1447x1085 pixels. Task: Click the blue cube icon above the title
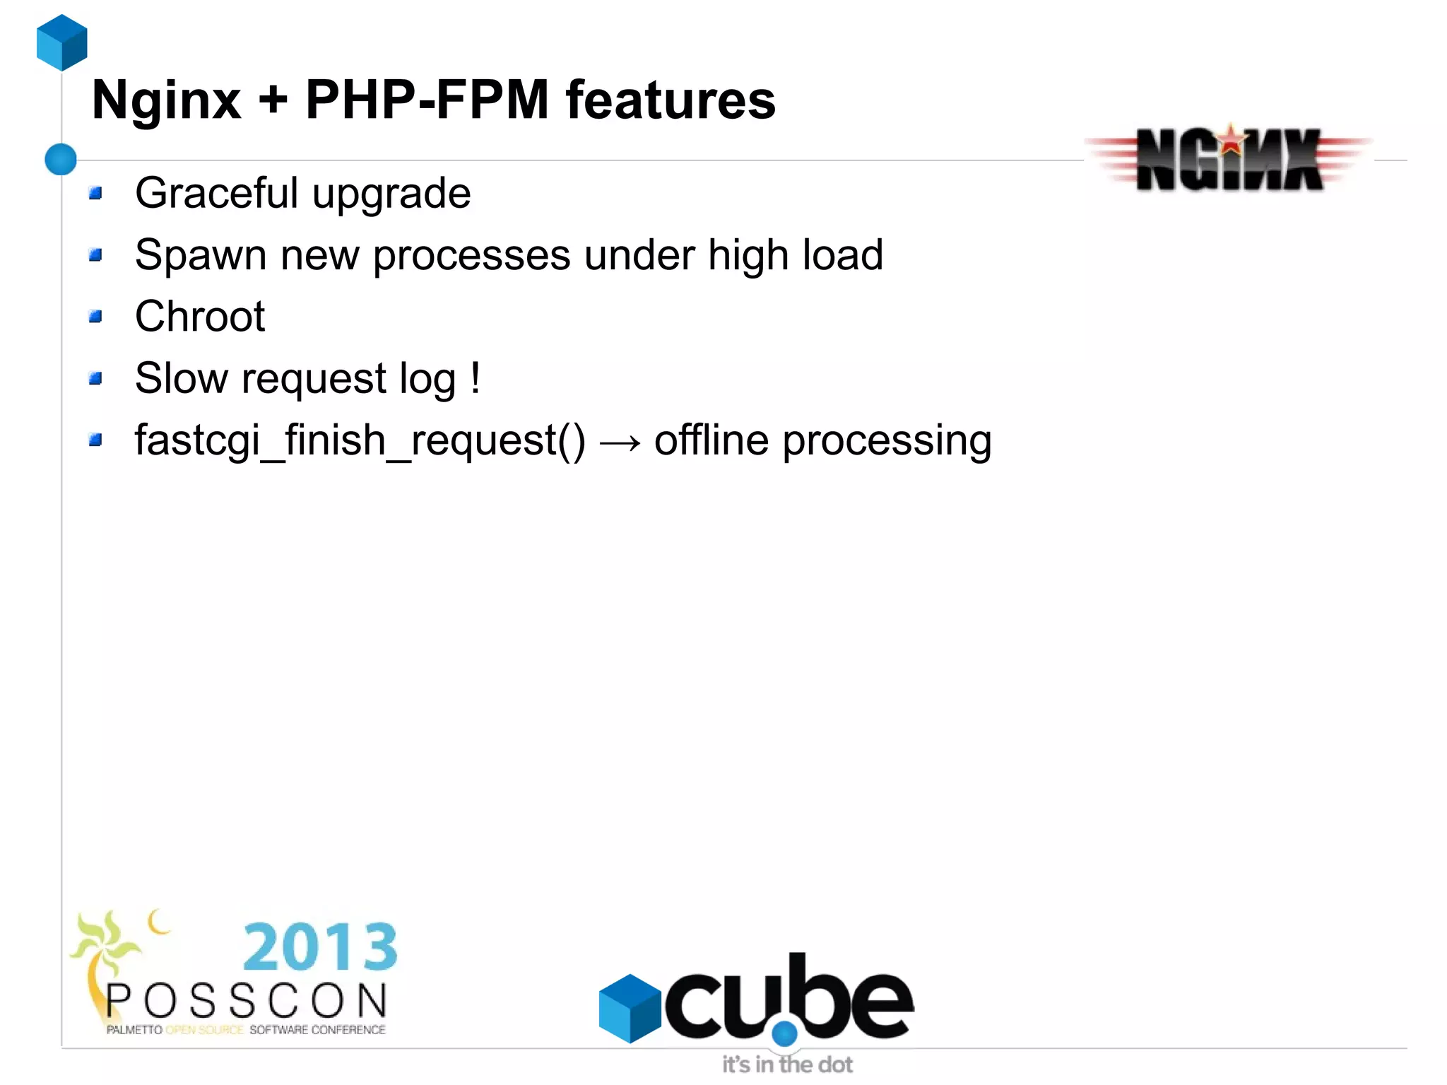click(x=62, y=42)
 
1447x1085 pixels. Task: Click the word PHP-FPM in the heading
click(x=427, y=100)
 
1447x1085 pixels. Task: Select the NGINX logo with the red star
click(x=1229, y=159)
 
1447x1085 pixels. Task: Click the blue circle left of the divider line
click(x=61, y=159)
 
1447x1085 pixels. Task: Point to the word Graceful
click(x=216, y=194)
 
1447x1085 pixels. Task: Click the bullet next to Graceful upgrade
click(x=96, y=193)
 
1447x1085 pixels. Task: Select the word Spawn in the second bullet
click(x=200, y=255)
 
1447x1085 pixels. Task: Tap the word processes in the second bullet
click(x=471, y=255)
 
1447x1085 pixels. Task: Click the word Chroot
click(x=200, y=316)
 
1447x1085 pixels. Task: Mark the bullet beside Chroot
click(x=96, y=316)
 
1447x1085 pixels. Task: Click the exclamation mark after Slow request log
click(x=476, y=377)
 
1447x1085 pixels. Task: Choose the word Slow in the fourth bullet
click(x=181, y=377)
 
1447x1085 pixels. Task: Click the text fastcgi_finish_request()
click(x=360, y=440)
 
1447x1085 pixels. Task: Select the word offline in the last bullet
click(x=711, y=440)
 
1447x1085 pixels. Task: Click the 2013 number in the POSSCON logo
click(x=320, y=946)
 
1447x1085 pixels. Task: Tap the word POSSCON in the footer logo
click(x=247, y=1001)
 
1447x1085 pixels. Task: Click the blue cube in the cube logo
click(x=630, y=1007)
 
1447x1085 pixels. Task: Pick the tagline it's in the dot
click(x=787, y=1064)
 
